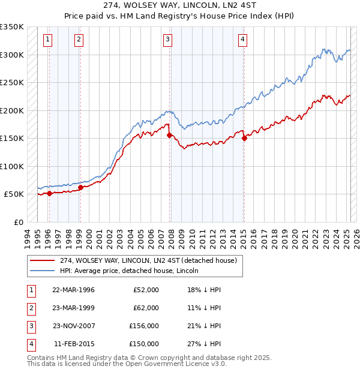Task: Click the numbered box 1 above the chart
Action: click(47, 40)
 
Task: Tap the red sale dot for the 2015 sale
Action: click(244, 138)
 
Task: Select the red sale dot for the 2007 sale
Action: click(169, 135)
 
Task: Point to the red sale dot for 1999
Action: click(80, 187)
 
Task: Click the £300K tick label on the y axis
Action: click(12, 55)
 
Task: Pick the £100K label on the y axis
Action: click(12, 166)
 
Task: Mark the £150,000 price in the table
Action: click(144, 344)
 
